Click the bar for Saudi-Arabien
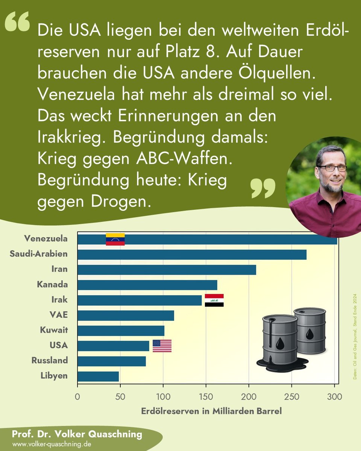192,254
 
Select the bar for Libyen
98,376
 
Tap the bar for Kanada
147,285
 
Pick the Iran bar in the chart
167,270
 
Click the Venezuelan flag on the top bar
115,239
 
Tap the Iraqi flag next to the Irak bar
214,300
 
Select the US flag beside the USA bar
162,346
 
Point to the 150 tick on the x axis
206,396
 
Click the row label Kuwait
54,330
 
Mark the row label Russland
50,360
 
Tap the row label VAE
59,315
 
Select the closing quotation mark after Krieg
263,188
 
